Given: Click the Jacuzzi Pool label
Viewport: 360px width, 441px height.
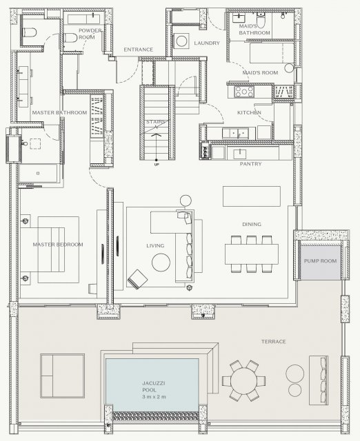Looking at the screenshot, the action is tap(154, 390).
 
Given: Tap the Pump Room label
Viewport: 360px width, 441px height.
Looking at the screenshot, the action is tap(320, 260).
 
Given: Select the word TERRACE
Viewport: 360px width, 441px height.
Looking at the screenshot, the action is tap(273, 342).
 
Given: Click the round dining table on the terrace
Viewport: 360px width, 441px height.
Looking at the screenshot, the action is tap(243, 380).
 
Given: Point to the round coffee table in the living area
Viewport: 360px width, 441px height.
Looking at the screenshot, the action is tap(161, 262).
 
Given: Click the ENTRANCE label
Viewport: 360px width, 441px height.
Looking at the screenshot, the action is tap(138, 50).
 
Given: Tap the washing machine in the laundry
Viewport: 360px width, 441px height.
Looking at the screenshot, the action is tap(181, 41).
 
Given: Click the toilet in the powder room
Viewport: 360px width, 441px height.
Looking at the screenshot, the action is tap(70, 38).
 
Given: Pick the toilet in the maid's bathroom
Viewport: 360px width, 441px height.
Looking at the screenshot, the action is tap(261, 21).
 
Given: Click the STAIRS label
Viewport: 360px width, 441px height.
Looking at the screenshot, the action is tap(156, 122).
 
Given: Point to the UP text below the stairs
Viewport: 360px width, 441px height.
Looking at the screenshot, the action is tap(157, 165).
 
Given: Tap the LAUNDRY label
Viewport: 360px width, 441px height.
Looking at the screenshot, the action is tap(207, 43).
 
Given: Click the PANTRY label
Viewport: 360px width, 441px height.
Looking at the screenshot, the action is tap(250, 164).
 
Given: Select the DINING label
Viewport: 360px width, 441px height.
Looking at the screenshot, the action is tap(252, 224).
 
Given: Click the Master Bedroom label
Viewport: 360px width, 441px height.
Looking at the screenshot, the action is tap(58, 245).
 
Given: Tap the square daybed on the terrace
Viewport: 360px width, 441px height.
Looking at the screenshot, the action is tap(62, 376).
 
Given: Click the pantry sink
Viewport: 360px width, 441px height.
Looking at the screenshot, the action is tap(239, 154).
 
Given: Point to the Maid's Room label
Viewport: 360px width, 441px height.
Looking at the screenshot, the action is tap(260, 72).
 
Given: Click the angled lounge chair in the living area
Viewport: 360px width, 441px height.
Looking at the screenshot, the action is tap(138, 279).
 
